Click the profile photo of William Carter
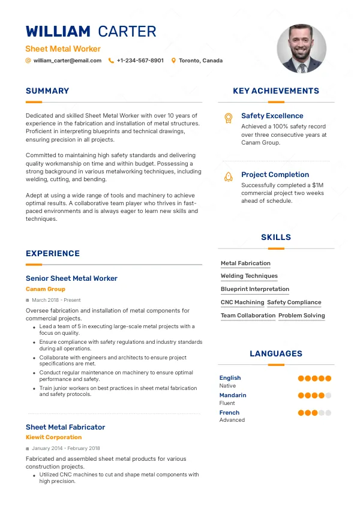point(302,49)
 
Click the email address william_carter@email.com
point(67,61)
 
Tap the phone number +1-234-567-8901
point(140,61)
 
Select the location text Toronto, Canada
point(201,61)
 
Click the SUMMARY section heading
point(47,91)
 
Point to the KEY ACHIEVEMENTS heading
point(276,91)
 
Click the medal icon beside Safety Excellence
point(228,118)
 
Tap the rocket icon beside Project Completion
point(228,177)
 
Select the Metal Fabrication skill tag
point(245,263)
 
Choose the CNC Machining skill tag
point(242,302)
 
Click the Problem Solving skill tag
point(302,316)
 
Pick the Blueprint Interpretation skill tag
point(255,289)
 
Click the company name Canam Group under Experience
point(46,289)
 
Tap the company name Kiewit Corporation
point(53,437)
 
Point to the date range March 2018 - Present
point(56,300)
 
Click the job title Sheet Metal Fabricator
point(65,427)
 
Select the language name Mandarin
point(233,395)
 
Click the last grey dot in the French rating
point(328,413)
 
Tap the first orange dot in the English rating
point(301,379)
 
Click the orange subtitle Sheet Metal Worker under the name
point(63,49)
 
